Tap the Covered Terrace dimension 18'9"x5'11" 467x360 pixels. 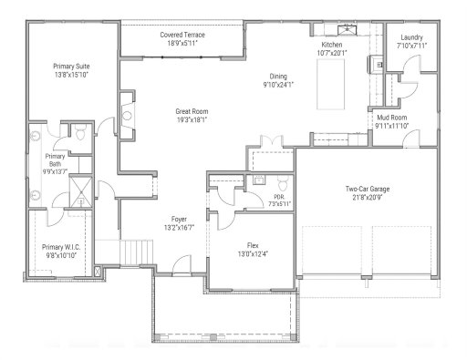(182, 43)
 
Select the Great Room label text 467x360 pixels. (192, 111)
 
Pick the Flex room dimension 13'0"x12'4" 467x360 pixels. (254, 253)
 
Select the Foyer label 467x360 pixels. (181, 219)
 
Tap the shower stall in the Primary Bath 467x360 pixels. (81, 191)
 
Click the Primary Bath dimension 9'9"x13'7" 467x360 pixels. (54, 170)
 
